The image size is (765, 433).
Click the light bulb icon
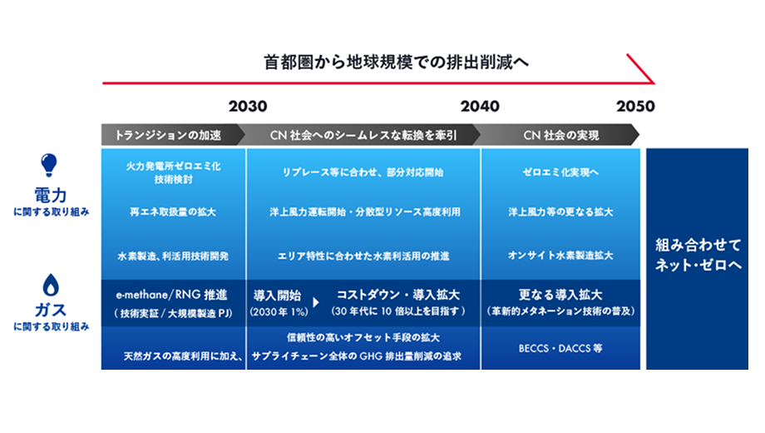(49, 165)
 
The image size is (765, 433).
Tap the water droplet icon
(51, 285)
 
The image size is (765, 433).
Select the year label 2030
(248, 106)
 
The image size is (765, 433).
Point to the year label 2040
(480, 106)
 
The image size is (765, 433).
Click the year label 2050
(636, 106)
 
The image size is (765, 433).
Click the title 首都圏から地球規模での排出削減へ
(396, 62)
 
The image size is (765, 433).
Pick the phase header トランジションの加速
(168, 136)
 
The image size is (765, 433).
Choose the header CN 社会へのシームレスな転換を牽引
(363, 136)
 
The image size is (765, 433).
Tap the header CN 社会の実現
(561, 136)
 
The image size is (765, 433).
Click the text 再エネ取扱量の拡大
(173, 212)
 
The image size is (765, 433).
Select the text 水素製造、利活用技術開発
(173, 256)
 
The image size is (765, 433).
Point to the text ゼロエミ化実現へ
(560, 172)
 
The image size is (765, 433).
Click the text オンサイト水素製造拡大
(560, 256)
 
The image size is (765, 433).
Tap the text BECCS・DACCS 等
(560, 348)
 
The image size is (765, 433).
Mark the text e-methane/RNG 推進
(172, 295)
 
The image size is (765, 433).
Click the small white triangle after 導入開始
(316, 302)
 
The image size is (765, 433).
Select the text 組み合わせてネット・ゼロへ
(698, 255)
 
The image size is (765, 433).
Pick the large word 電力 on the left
(50, 195)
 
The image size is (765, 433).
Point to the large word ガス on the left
(51, 310)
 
